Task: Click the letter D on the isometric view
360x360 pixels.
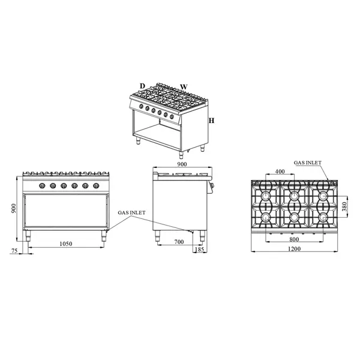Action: (142, 86)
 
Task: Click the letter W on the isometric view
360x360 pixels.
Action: (184, 86)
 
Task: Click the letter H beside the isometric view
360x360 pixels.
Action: (212, 121)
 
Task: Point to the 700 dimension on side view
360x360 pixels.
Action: (179, 242)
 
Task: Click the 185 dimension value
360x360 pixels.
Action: (200, 249)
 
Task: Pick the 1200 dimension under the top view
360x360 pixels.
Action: (293, 250)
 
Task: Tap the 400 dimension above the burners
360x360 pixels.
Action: (280, 172)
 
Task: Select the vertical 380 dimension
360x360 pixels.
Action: (344, 206)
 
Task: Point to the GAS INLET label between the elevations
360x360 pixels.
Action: (131, 212)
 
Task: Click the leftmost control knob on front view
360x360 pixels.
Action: (41, 186)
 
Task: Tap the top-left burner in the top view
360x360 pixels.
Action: (264, 196)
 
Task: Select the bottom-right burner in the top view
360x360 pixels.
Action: (323, 217)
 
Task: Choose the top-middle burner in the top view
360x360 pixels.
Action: (293, 196)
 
